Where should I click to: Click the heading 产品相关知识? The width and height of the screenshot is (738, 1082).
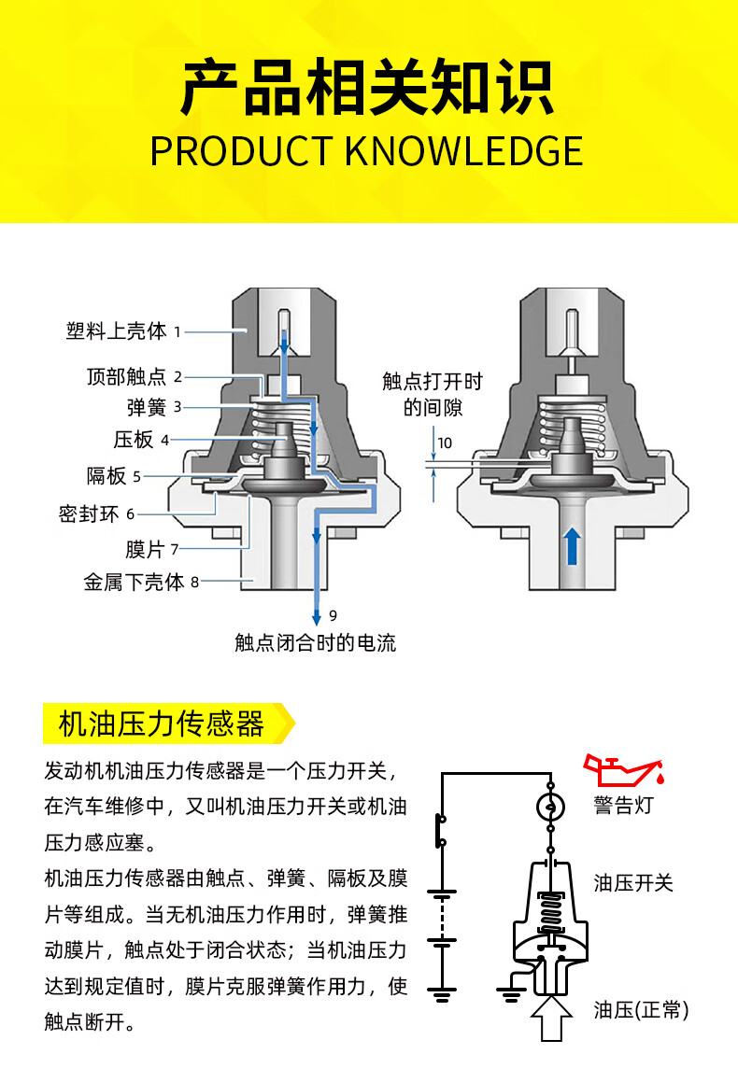(368, 88)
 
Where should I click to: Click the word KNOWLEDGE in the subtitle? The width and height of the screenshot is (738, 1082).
(464, 151)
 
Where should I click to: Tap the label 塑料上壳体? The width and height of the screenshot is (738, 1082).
(116, 330)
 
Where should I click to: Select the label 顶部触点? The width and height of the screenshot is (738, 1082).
(126, 377)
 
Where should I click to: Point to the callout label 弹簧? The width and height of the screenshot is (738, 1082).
(147, 407)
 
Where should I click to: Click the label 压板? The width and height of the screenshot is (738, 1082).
(134, 440)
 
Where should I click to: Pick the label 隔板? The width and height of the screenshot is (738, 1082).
(106, 476)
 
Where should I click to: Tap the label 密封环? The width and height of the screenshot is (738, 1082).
(91, 514)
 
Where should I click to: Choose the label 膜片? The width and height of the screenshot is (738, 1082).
(144, 549)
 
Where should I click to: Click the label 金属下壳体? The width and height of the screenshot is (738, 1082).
(134, 583)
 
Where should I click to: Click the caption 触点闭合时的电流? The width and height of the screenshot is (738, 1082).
(316, 642)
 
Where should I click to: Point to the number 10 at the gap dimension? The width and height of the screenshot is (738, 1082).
(445, 443)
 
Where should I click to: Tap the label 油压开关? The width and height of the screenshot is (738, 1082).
(633, 882)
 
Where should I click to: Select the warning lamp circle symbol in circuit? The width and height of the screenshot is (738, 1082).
(551, 806)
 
